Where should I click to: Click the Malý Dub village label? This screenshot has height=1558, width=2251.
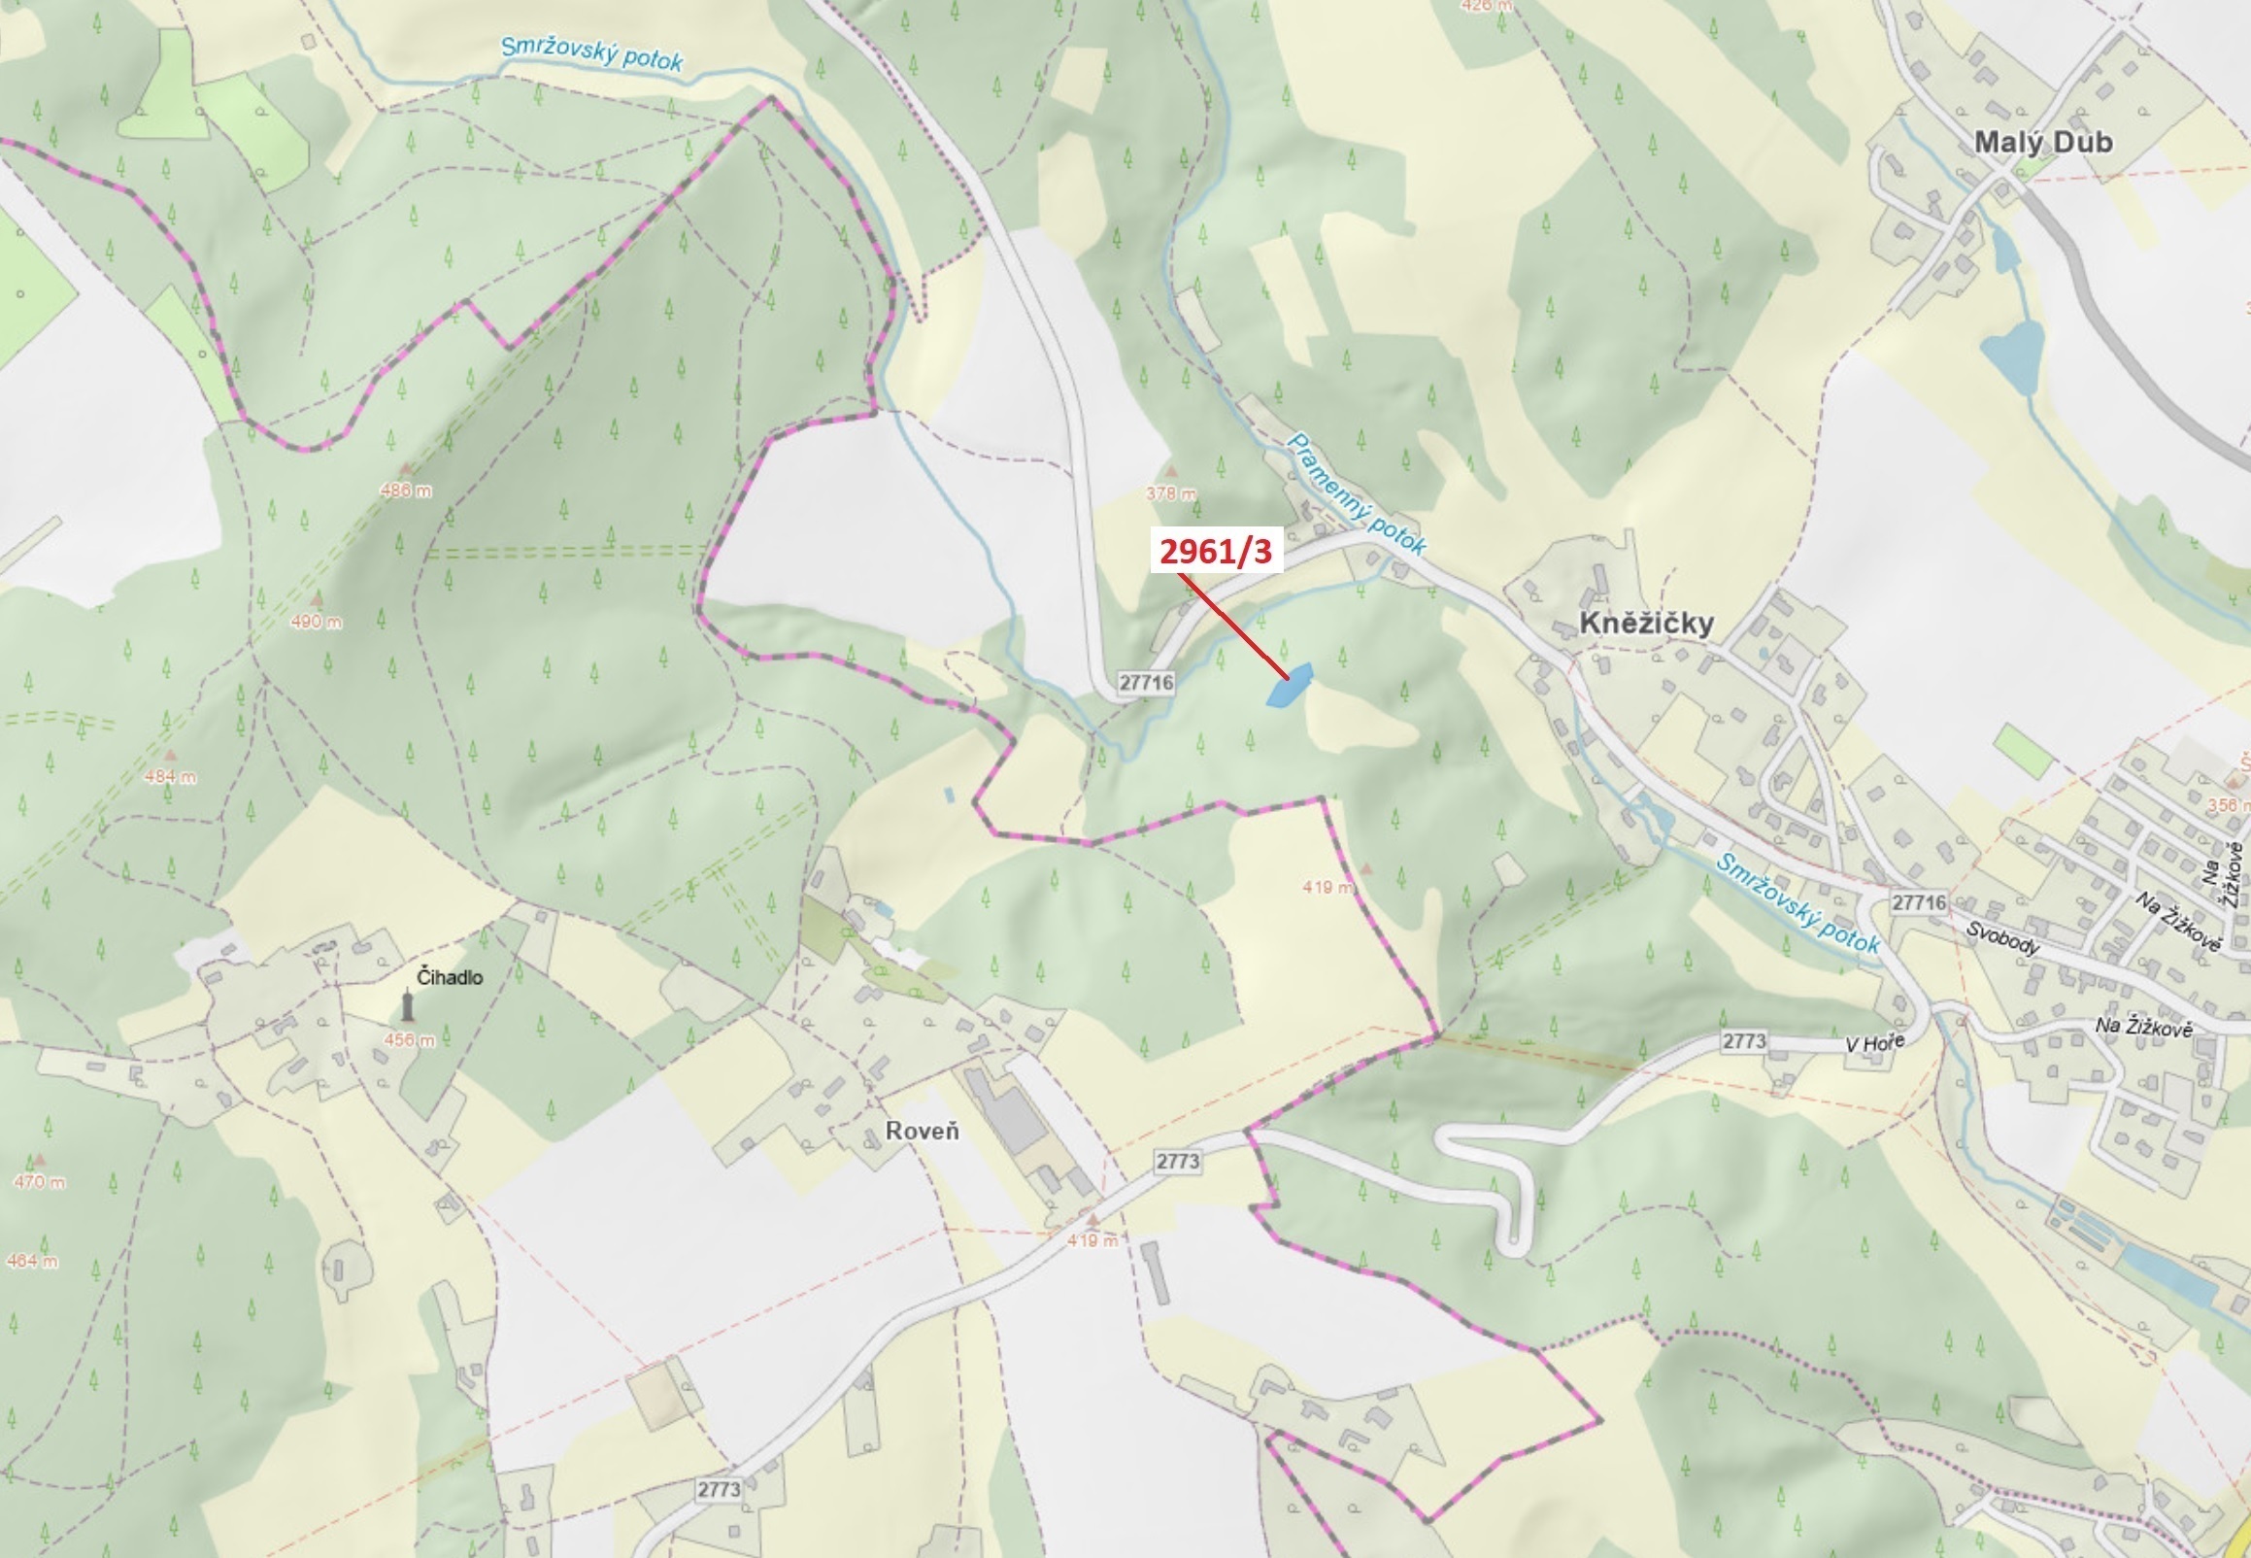click(2043, 143)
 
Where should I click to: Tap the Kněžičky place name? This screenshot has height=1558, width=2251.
click(1646, 624)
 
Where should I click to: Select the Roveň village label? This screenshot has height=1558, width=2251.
click(923, 1132)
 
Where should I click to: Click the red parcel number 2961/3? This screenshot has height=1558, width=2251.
click(1216, 552)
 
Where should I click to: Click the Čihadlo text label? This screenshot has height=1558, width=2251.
click(449, 977)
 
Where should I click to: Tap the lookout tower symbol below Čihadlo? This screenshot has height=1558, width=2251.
click(408, 1005)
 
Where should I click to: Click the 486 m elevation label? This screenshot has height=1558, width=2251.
click(406, 491)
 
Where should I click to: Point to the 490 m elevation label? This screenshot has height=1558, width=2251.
click(317, 622)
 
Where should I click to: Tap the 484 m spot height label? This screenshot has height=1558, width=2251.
click(170, 777)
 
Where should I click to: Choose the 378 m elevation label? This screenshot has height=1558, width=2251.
click(1170, 494)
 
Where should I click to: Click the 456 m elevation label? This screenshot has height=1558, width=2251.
click(409, 1040)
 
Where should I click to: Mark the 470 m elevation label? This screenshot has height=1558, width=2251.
click(39, 1182)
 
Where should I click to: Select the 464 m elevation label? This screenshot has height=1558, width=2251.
click(31, 1261)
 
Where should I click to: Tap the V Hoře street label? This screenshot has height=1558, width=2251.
click(1873, 1044)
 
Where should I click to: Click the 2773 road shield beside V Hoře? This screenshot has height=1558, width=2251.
click(1744, 1041)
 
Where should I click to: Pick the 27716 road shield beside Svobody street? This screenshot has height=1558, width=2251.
click(1918, 902)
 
